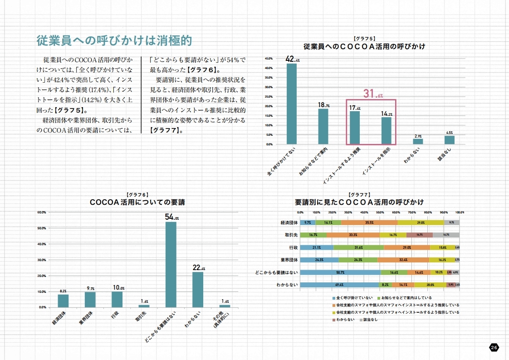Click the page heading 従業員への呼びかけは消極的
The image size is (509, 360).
114,40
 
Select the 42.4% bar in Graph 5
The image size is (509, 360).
292,104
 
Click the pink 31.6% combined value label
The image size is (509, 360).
373,94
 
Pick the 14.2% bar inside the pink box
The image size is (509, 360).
386,131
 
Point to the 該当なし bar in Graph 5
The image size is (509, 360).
449,140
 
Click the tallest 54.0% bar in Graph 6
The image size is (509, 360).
171,264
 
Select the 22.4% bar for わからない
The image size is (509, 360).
198,289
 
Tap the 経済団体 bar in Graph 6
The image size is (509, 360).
63,301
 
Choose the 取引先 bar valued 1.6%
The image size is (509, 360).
144,306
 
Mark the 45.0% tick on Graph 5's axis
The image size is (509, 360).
268,59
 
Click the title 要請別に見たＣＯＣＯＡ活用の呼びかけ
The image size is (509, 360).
359,202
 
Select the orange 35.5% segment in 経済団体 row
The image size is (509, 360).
369,222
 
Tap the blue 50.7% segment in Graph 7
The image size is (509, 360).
340,272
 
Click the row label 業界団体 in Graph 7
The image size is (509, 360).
289,260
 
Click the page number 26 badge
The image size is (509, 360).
494,347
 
